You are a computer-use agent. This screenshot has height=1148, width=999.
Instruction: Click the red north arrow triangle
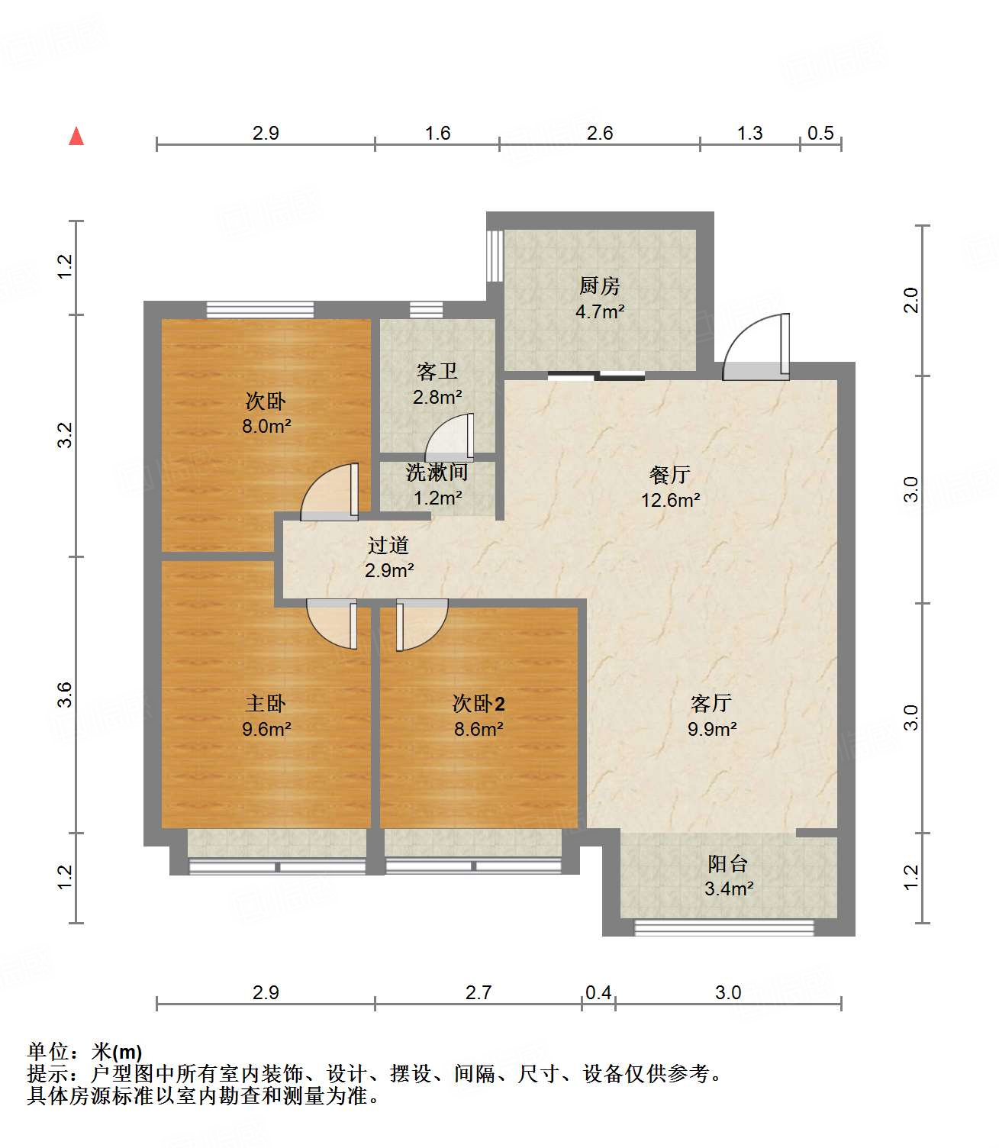click(x=76, y=137)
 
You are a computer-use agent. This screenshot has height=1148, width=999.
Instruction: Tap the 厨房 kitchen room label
click(x=599, y=286)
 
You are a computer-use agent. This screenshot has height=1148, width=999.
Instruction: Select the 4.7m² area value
click(x=599, y=311)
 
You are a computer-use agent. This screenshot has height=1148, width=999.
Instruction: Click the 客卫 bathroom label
click(x=437, y=372)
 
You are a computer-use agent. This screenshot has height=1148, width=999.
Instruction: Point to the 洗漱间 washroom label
click(x=437, y=472)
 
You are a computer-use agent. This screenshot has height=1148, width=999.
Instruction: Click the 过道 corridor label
click(x=388, y=545)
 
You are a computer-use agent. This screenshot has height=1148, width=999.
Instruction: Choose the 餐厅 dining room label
click(x=670, y=475)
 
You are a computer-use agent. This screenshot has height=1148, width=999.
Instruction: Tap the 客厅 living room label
click(x=711, y=703)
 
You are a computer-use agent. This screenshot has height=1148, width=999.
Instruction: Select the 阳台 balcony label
click(x=728, y=864)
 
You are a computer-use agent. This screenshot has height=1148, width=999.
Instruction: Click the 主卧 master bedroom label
click(x=266, y=703)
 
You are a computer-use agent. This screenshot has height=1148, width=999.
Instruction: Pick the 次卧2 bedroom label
click(x=479, y=703)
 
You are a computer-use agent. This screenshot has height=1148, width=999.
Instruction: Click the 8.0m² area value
click(x=266, y=427)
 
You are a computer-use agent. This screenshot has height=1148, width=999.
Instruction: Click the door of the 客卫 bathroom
click(x=451, y=438)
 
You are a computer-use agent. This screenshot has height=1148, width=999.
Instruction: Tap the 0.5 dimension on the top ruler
click(x=820, y=134)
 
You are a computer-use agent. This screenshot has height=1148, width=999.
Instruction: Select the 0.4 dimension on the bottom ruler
click(x=598, y=992)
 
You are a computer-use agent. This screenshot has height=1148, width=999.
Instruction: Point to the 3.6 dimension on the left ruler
click(x=65, y=695)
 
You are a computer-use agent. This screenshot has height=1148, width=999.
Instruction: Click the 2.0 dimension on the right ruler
click(x=911, y=300)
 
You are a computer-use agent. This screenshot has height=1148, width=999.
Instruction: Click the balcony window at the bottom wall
click(x=724, y=928)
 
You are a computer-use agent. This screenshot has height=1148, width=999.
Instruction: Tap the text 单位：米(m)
click(x=85, y=1053)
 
